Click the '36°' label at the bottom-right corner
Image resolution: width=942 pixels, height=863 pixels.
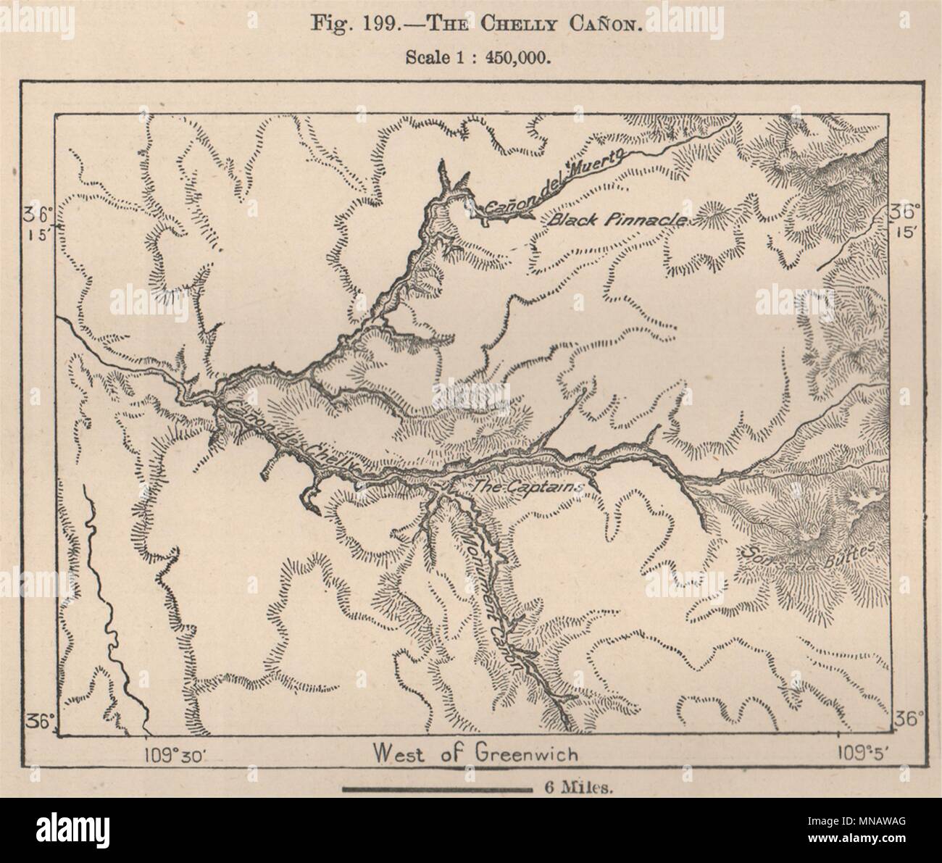coord(909,720)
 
